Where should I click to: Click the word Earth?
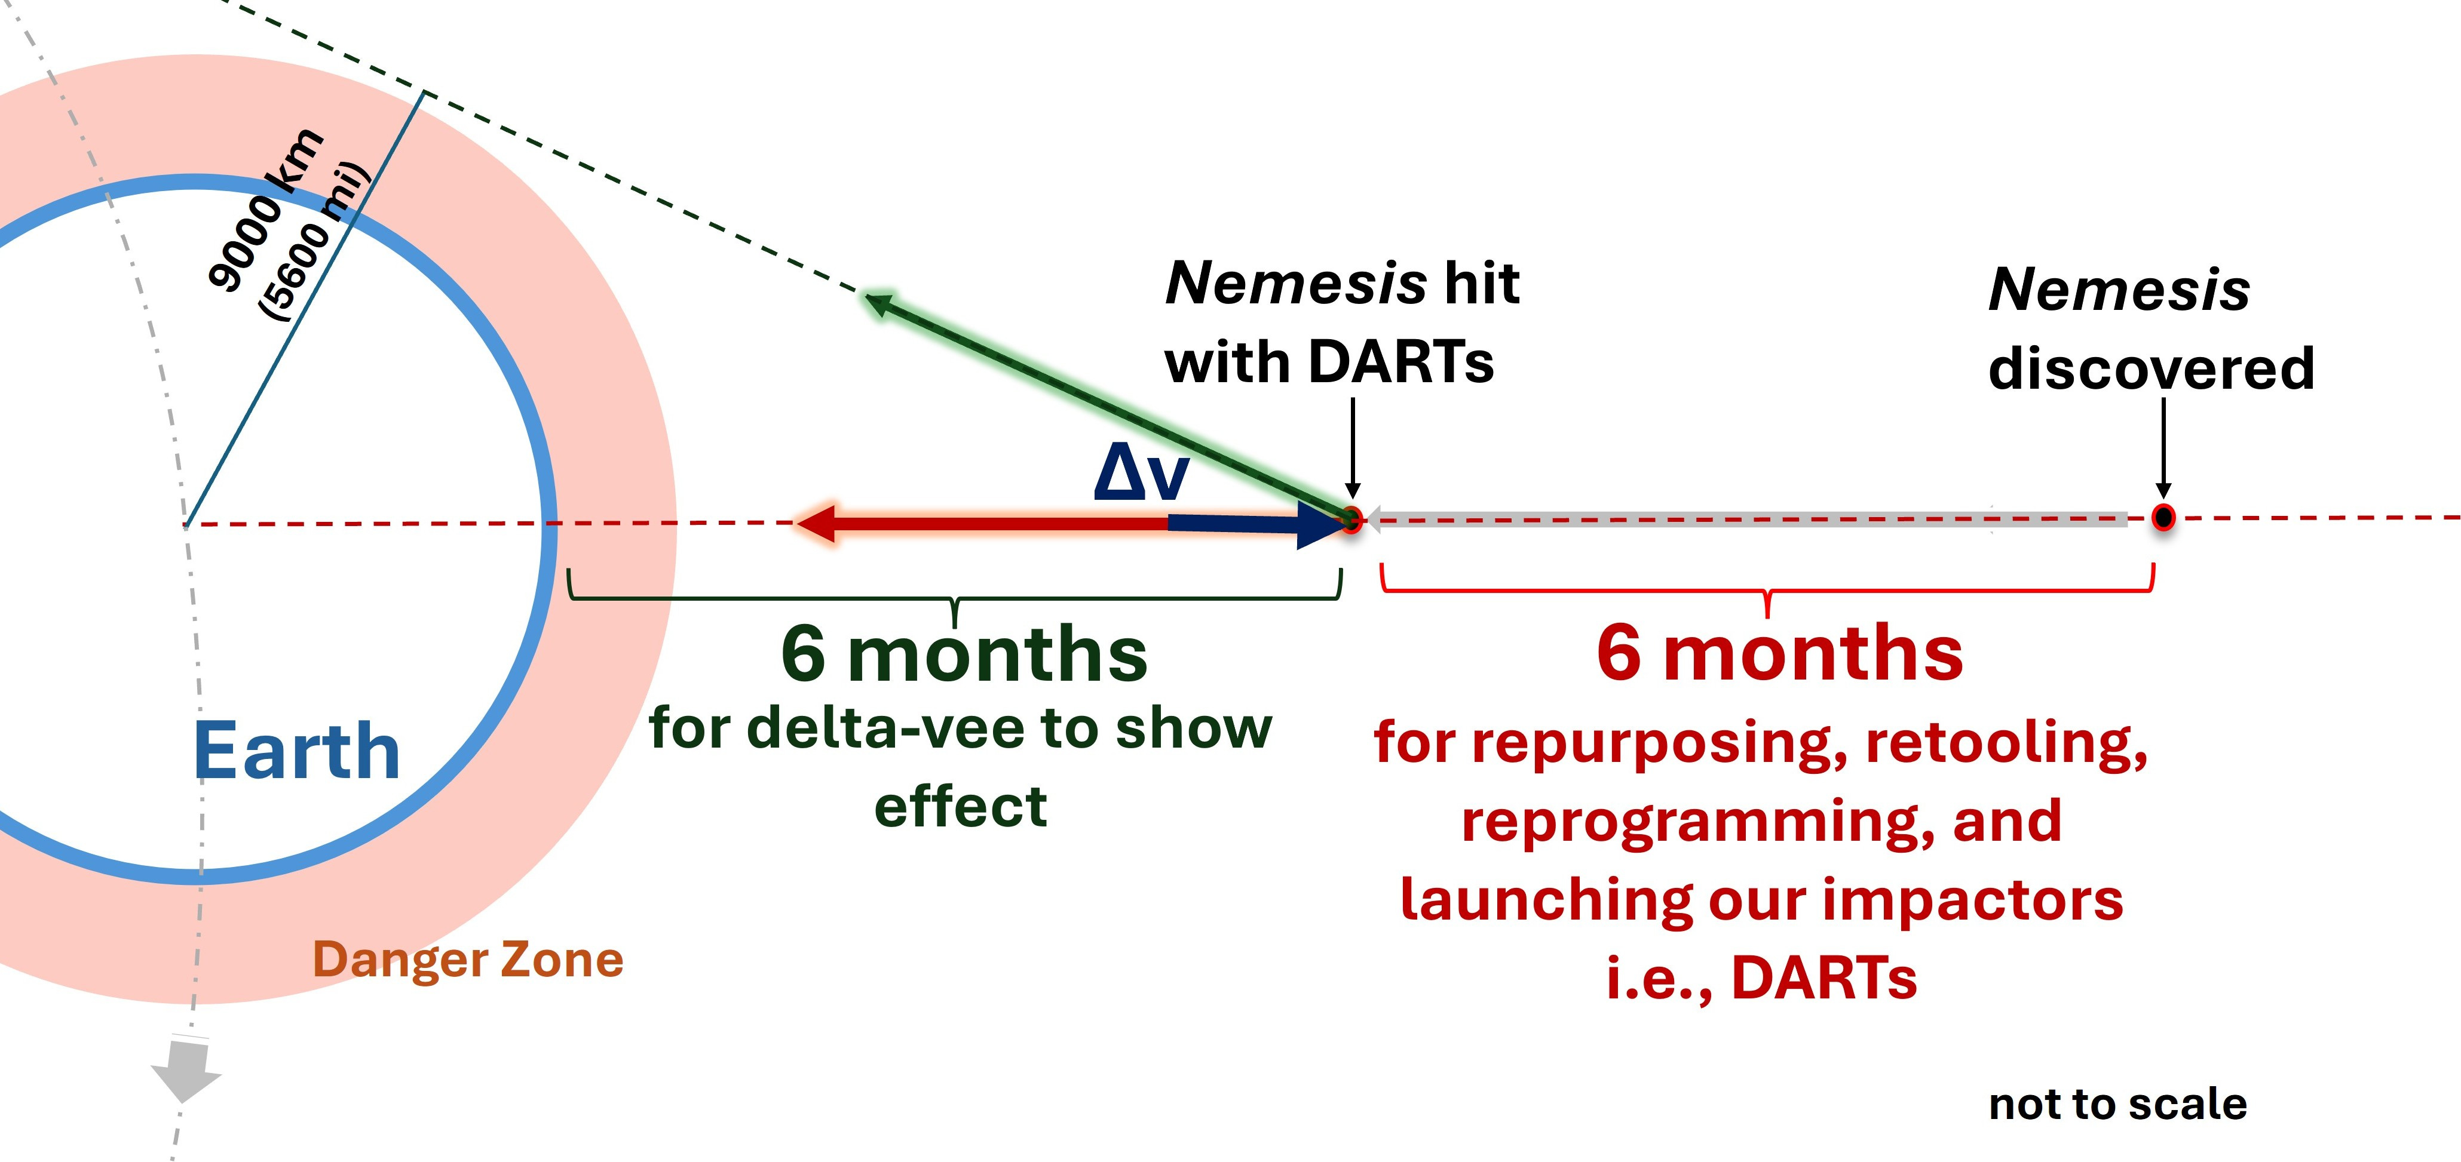296,752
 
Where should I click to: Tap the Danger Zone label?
468,960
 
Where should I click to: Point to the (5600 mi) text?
313,244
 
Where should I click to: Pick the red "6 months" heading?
1779,654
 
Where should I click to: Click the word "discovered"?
2152,368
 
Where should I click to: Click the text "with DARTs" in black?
1329,363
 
